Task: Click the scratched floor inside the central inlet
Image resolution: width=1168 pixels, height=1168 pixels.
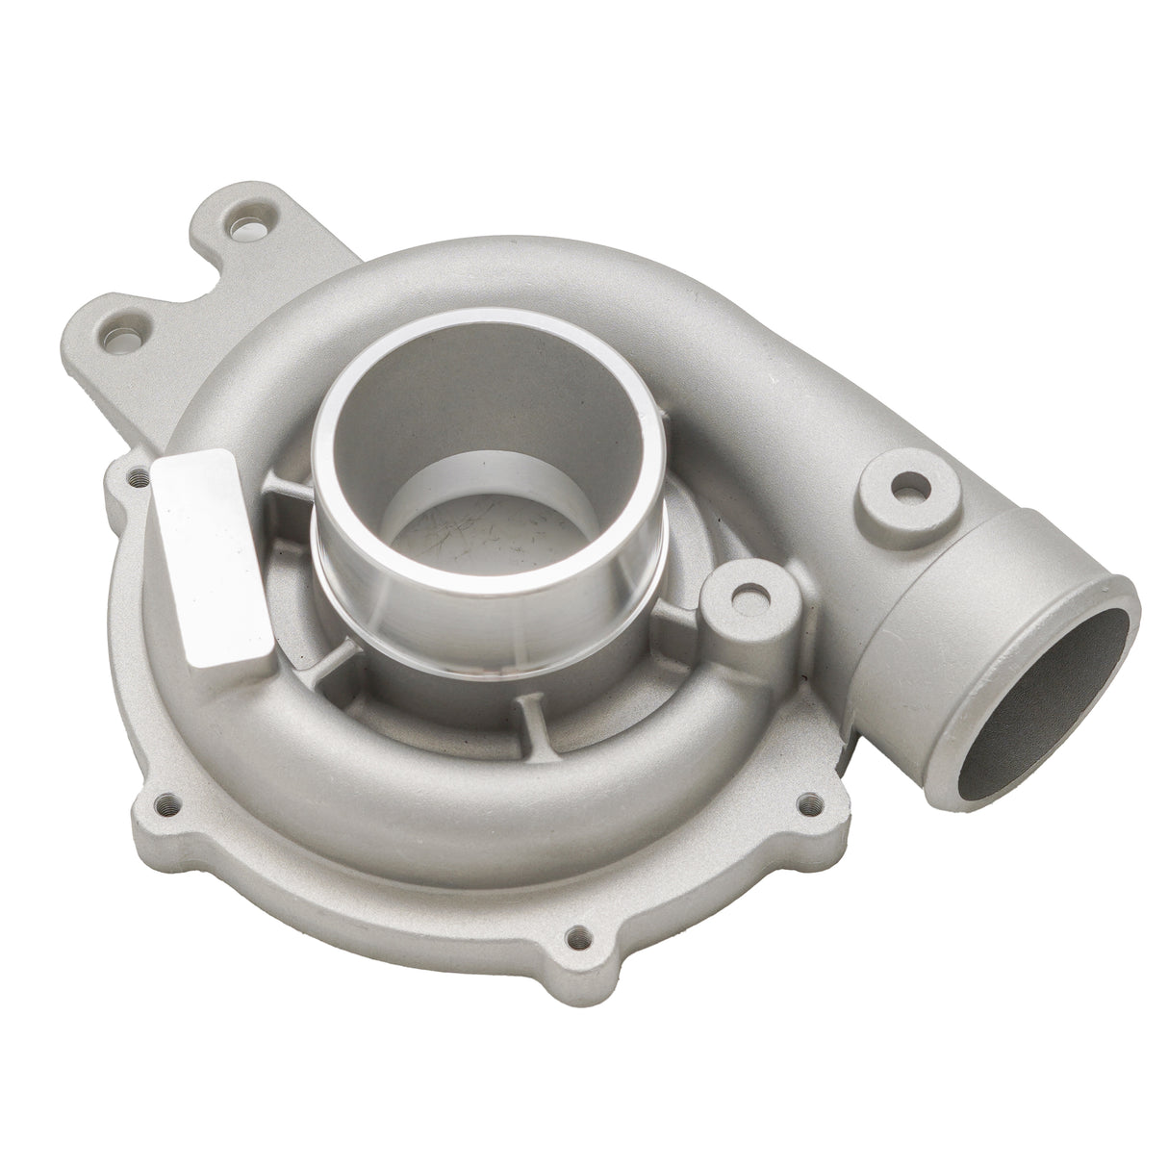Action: (x=500, y=539)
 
